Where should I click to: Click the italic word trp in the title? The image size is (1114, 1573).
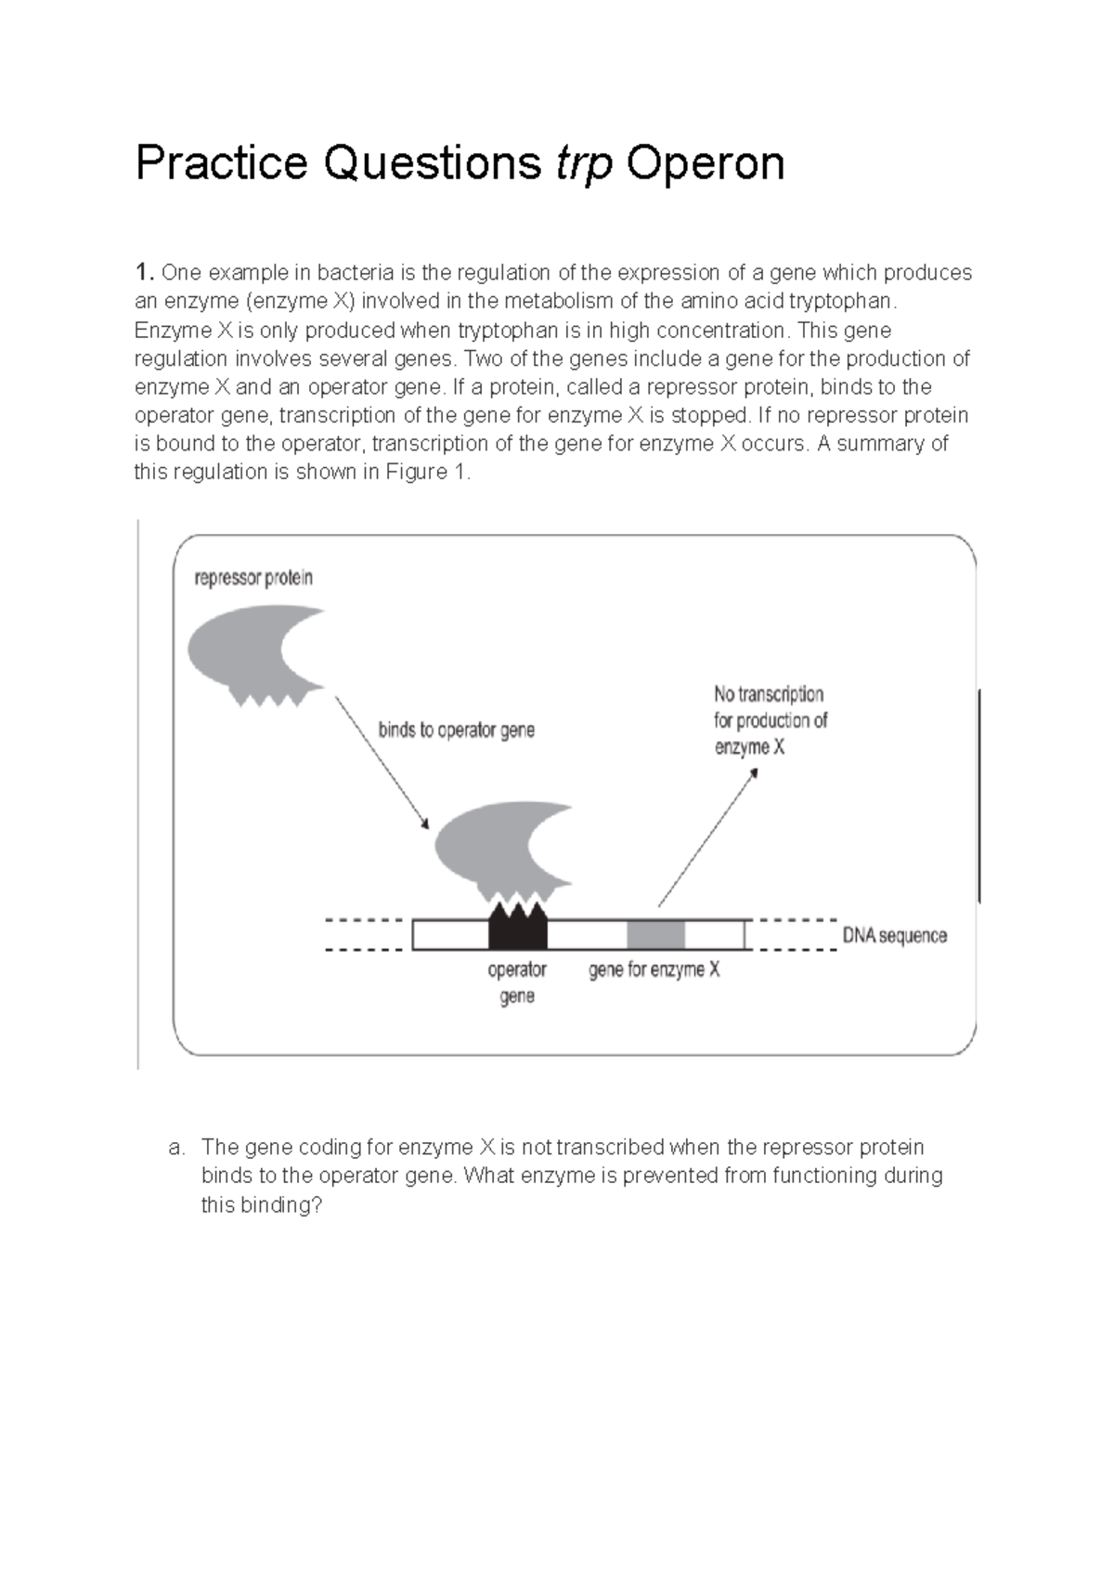click(584, 164)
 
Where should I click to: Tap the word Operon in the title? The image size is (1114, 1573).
click(706, 164)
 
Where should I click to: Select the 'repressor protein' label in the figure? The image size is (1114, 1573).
click(253, 578)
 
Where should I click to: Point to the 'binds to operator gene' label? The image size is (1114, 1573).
click(456, 730)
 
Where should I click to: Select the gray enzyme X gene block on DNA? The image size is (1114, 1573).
click(655, 934)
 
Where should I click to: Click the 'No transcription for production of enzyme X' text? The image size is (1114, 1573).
click(770, 721)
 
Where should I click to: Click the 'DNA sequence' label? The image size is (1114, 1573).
click(894, 935)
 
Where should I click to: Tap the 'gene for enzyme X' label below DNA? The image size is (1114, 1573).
click(654, 970)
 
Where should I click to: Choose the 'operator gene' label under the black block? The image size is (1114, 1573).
click(517, 982)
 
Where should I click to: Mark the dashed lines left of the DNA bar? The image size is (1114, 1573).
click(364, 935)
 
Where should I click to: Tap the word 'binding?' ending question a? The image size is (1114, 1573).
click(280, 1205)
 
